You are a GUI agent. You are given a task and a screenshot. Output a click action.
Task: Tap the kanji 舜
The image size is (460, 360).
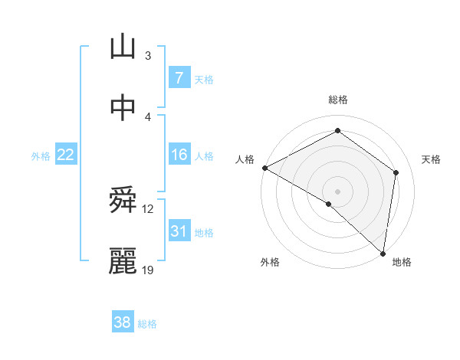(123, 202)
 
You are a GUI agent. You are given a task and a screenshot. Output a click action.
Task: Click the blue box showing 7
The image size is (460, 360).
(179, 77)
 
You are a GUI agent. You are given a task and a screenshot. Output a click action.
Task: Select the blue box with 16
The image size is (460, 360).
(179, 155)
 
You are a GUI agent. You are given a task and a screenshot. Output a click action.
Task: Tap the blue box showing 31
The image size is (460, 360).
(179, 231)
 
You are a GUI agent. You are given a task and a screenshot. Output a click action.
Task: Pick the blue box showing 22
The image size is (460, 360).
(66, 155)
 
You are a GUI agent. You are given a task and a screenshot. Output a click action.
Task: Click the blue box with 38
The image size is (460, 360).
(123, 322)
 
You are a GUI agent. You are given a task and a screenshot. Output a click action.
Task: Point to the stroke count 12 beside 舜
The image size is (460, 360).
(148, 208)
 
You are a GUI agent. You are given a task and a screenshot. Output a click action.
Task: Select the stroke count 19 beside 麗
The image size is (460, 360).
(149, 270)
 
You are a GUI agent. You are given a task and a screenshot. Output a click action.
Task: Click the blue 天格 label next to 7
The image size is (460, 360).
(203, 79)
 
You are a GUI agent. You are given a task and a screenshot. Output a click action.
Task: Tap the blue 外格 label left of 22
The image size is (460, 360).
(41, 156)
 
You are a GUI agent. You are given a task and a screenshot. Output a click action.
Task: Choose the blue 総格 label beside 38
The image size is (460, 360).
(147, 324)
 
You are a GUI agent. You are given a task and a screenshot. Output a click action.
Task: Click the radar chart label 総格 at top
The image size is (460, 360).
(338, 100)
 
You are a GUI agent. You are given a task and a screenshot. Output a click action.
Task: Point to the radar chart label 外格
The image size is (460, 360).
(270, 262)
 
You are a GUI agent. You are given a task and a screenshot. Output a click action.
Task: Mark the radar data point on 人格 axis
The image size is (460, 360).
(264, 168)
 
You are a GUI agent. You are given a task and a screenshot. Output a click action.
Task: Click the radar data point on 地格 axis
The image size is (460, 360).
(383, 253)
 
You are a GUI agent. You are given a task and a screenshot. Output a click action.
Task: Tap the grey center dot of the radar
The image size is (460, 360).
(337, 191)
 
